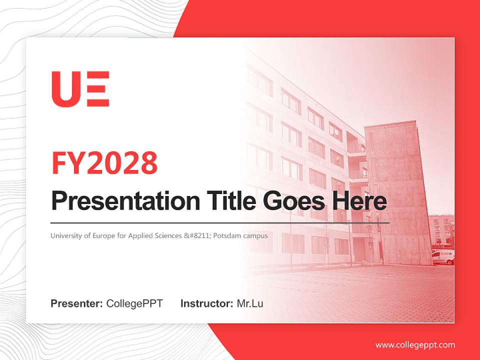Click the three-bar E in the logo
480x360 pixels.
click(x=97, y=89)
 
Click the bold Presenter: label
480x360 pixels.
click(x=77, y=303)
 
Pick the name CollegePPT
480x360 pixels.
click(x=134, y=303)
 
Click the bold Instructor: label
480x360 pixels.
click(x=206, y=303)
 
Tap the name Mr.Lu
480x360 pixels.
click(x=250, y=303)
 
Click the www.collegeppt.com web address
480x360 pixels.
click(x=415, y=345)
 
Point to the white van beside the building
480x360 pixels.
click(x=443, y=257)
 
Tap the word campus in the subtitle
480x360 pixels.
click(x=255, y=235)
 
